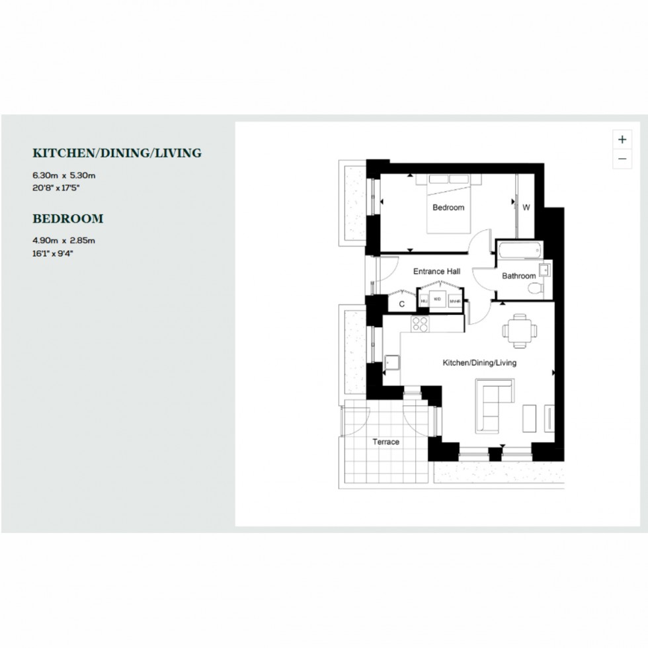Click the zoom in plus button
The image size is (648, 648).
tap(622, 140)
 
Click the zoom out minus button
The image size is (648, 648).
tap(622, 159)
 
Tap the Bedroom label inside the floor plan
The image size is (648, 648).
tap(448, 208)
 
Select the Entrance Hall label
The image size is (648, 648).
tap(436, 272)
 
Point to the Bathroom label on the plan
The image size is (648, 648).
tap(518, 276)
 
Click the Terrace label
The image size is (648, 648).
tap(385, 442)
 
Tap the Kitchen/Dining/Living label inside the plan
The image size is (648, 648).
tap(479, 363)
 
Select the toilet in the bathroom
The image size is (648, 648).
tap(539, 288)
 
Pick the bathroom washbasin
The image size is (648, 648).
tap(545, 269)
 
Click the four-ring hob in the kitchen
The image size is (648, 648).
tap(420, 323)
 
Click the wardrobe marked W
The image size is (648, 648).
tap(527, 208)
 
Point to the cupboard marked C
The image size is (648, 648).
tap(401, 304)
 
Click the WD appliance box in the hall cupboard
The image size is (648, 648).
tap(437, 300)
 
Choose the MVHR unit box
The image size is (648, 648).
tap(454, 302)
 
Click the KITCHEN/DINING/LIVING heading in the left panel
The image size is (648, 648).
tap(117, 153)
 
